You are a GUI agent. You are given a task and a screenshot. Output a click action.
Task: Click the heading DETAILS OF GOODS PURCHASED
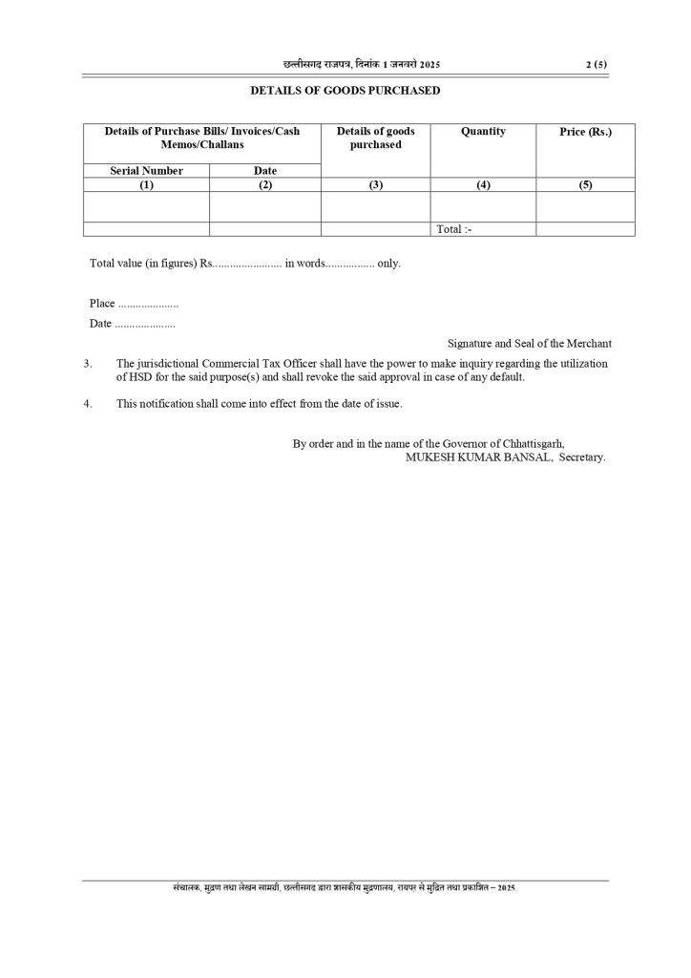345,91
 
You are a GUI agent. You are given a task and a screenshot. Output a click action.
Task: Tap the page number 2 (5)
597,64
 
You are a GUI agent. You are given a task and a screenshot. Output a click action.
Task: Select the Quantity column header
483,132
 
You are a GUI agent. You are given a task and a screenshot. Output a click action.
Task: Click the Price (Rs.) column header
585,132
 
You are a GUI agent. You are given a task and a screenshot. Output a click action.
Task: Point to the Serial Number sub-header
146,171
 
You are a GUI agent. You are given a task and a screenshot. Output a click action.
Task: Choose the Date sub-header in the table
265,171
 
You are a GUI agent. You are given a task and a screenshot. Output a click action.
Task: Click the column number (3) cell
375,185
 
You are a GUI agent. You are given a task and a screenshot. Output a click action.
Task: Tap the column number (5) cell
585,185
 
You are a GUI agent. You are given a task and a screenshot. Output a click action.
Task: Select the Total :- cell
454,229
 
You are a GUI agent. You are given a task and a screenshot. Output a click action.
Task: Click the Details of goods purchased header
375,138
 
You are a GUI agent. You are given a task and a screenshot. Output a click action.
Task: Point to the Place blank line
147,304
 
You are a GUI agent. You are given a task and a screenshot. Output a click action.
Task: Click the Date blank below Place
144,324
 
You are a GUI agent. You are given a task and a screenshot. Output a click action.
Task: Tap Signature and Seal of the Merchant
530,343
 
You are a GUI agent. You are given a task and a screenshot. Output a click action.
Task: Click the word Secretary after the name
582,457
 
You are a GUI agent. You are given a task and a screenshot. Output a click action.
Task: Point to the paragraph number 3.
88,364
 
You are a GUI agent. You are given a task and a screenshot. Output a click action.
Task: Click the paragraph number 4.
88,404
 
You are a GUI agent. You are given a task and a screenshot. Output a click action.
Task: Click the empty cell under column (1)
146,206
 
